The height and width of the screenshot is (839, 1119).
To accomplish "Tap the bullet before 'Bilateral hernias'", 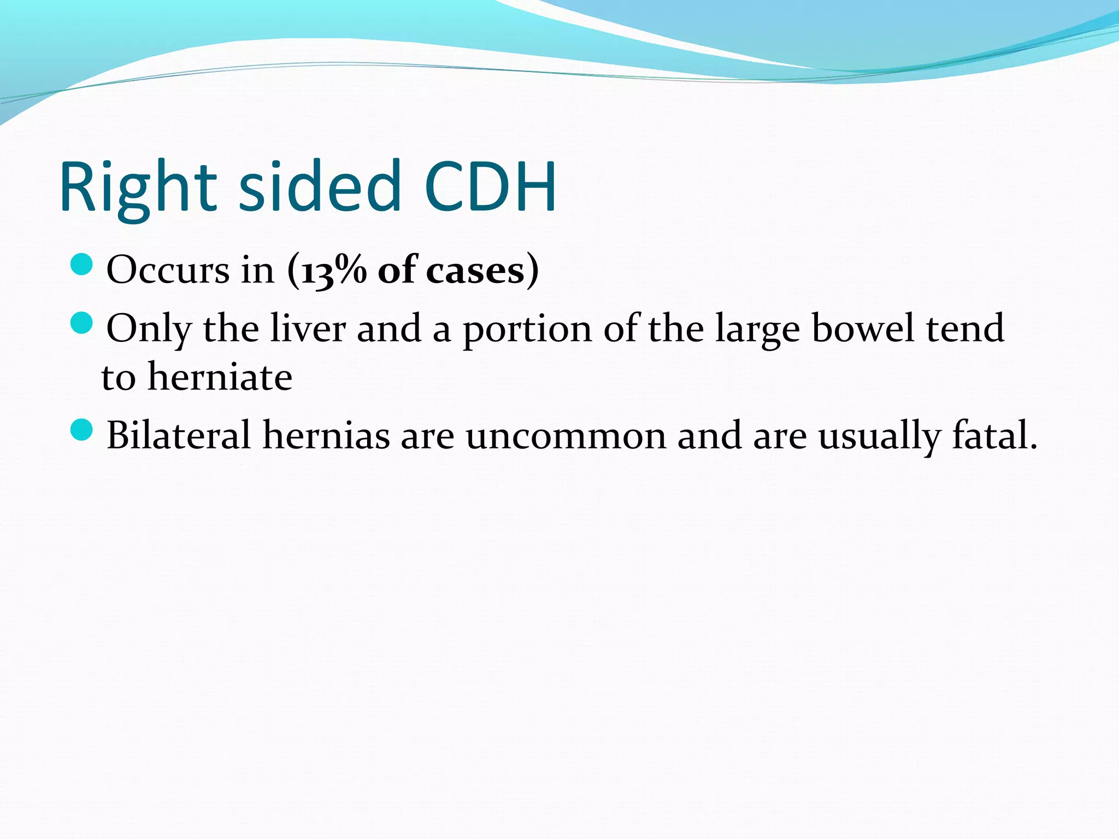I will tap(82, 429).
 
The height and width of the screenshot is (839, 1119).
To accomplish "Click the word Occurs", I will tap(168, 270).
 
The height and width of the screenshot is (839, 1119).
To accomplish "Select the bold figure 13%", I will tap(334, 270).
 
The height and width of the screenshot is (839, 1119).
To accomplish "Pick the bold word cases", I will tap(475, 270).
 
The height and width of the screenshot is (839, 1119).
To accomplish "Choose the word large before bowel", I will tap(757, 329).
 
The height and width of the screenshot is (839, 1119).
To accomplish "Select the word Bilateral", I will tap(178, 435).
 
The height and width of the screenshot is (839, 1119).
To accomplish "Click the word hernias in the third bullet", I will tap(326, 435).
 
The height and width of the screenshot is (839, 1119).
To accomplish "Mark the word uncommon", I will tap(566, 435).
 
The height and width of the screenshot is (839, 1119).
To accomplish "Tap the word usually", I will tap(879, 436).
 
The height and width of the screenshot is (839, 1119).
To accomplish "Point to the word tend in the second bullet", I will tap(965, 328).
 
